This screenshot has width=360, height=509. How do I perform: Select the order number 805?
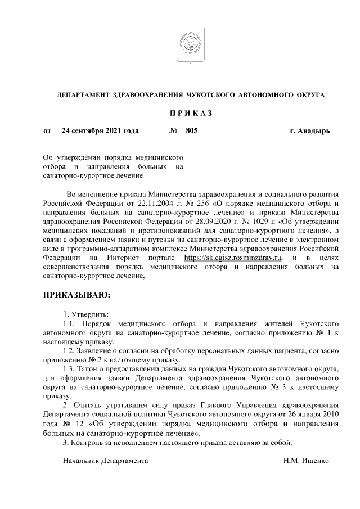point(192,131)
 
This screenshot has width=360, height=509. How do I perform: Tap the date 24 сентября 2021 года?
point(100,131)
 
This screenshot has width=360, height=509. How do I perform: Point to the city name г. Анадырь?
point(310,131)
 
